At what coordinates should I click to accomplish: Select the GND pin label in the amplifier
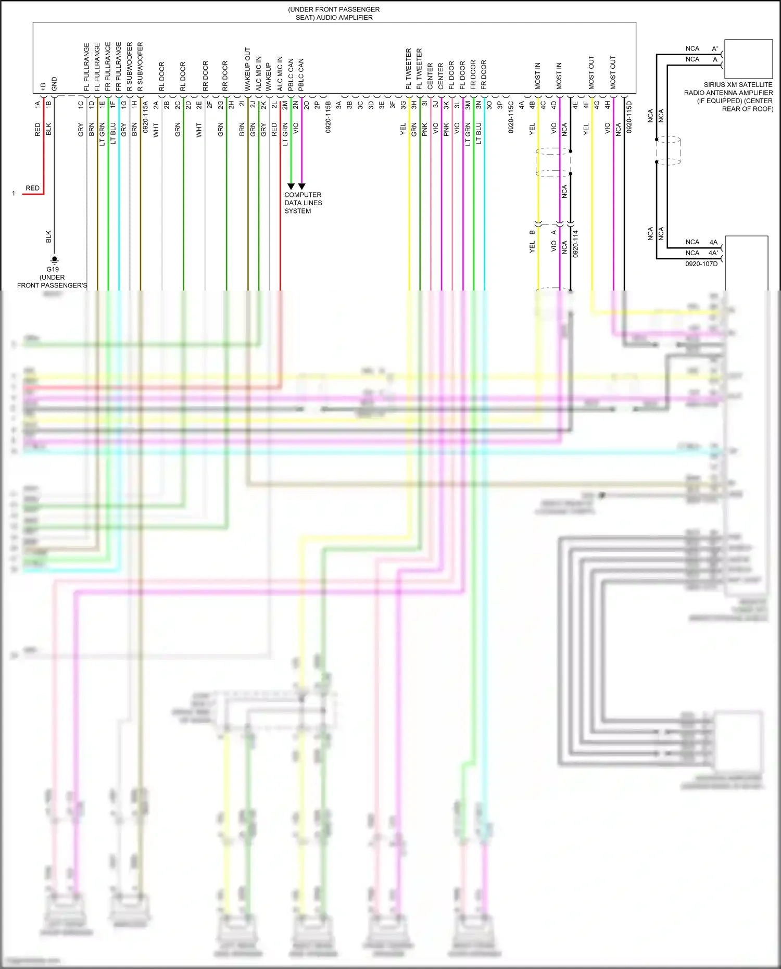[x=54, y=83]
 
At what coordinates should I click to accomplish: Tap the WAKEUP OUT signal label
[x=248, y=69]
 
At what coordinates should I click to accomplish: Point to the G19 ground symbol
[x=54, y=259]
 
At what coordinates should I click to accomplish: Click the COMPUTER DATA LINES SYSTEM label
[x=303, y=203]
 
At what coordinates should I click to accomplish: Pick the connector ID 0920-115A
[x=145, y=117]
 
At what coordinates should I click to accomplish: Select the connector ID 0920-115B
[x=328, y=117]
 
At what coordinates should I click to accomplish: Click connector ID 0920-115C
[x=511, y=117]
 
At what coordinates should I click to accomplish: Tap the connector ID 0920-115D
[x=629, y=117]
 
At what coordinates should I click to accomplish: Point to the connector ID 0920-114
[x=575, y=244]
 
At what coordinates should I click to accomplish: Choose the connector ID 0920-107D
[x=701, y=264]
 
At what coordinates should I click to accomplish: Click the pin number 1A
[x=37, y=105]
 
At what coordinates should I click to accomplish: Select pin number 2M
[x=285, y=105]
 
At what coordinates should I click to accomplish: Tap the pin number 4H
[x=607, y=105]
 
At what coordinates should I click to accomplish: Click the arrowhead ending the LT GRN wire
[x=291, y=186]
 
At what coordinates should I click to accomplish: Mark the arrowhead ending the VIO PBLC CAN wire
[x=302, y=186]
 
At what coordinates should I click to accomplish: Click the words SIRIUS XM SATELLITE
[x=738, y=84]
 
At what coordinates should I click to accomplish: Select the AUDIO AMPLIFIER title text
[x=334, y=17]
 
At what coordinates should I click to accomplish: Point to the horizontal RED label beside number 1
[x=32, y=188]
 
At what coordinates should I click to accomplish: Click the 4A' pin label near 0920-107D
[x=713, y=253]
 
